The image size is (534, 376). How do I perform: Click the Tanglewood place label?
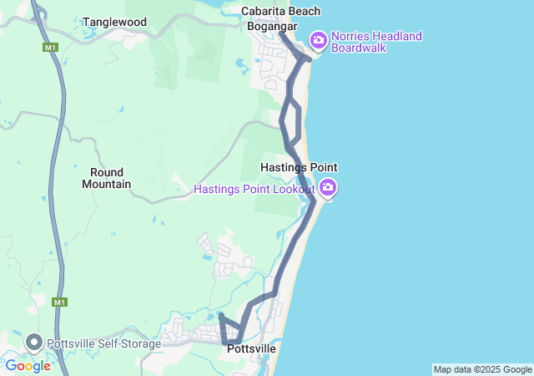(114, 22)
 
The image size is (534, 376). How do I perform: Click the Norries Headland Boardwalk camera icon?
(318, 39)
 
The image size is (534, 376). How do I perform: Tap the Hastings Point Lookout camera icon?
(329, 188)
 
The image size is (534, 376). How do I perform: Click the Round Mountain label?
(106, 178)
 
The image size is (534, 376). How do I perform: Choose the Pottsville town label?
(251, 348)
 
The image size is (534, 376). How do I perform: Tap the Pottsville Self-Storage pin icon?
(33, 342)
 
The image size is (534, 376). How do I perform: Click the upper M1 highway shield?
(50, 48)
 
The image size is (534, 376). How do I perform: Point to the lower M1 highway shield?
(58, 302)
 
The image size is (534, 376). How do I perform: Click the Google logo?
(28, 365)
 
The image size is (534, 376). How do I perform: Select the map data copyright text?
(482, 369)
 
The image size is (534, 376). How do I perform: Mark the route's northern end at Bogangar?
(281, 34)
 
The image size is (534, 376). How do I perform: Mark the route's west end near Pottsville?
(221, 316)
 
